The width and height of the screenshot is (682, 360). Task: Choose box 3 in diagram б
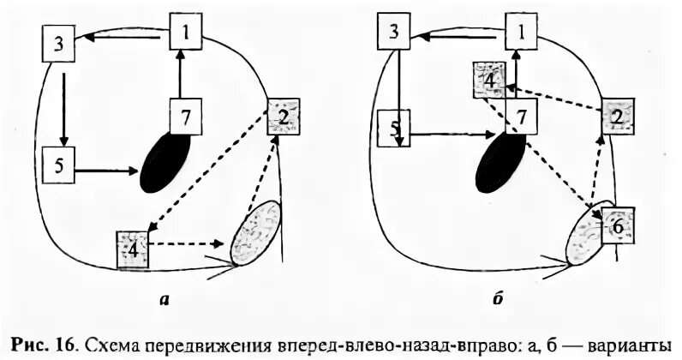tap(393, 33)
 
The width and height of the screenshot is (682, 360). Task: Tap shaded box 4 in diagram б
tap(488, 81)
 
